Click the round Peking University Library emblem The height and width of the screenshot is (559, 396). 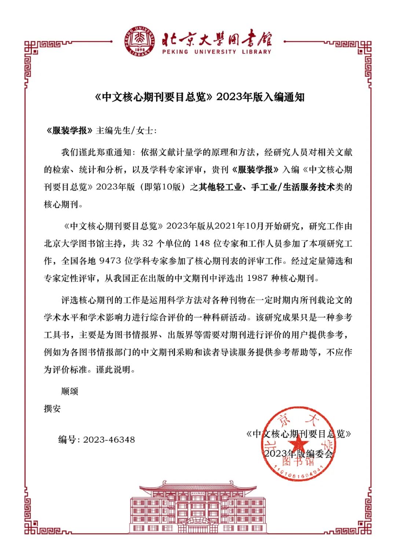[x=139, y=41]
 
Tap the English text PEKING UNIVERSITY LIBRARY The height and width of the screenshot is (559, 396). [x=217, y=52]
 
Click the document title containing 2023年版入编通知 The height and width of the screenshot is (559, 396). [x=200, y=97]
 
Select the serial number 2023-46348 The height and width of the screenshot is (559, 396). [x=109, y=440]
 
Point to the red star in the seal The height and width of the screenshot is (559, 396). [x=300, y=444]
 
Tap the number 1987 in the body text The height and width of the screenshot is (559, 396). [x=257, y=278]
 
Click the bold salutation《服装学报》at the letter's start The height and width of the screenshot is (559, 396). [x=69, y=130]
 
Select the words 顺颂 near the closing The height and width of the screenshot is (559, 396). [x=70, y=391]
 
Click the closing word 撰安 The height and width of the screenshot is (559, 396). [x=52, y=409]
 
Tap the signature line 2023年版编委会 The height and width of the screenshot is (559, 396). [x=298, y=454]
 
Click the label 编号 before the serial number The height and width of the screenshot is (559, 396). [x=67, y=440]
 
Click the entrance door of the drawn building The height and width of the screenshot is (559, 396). [x=198, y=527]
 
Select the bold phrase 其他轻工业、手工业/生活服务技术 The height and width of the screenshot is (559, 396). [x=267, y=187]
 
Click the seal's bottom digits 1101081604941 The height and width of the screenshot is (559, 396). [x=299, y=473]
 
